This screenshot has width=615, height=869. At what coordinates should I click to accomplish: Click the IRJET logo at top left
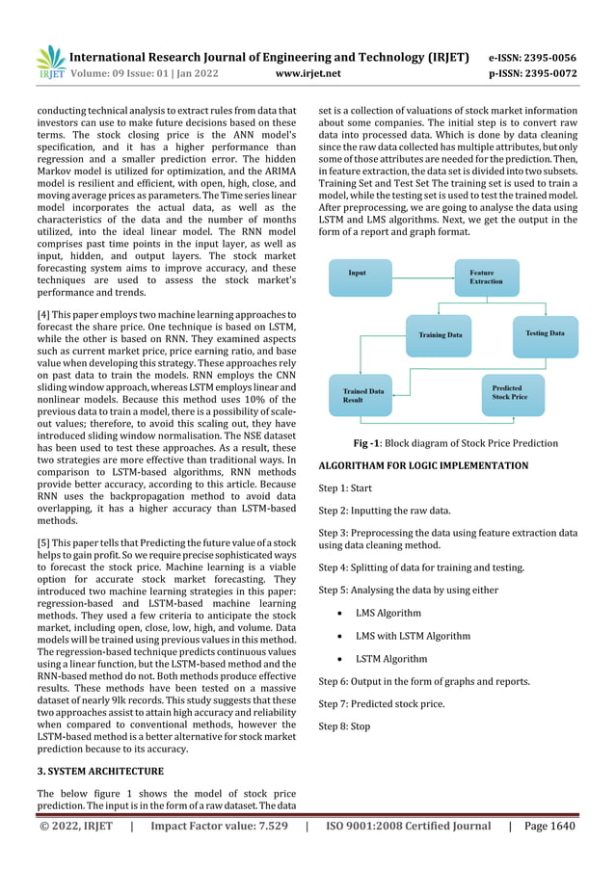(49, 61)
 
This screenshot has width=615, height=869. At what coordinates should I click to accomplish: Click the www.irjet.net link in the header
(307, 72)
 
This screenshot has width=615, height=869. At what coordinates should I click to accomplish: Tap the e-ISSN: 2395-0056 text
(547, 57)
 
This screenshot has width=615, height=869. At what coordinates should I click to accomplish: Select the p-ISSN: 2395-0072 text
(547, 72)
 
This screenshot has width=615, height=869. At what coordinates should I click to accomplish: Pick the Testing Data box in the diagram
(544, 334)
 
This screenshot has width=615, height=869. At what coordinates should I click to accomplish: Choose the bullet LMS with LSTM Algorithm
(413, 636)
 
